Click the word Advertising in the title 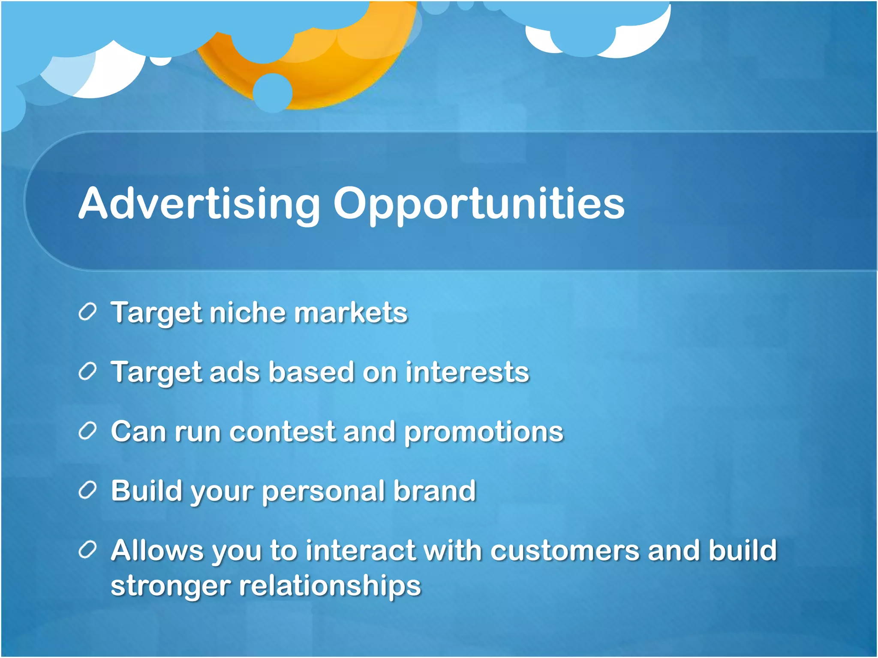click(x=199, y=204)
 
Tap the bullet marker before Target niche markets click(x=87, y=311)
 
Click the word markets click(x=351, y=312)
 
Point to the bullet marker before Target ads click(x=87, y=371)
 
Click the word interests click(x=467, y=372)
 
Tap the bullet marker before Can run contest click(x=87, y=431)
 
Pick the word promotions click(x=484, y=432)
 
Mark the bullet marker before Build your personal click(x=87, y=490)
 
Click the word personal click(x=323, y=492)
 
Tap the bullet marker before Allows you click(x=87, y=550)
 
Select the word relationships click(x=330, y=586)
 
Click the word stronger click(x=171, y=586)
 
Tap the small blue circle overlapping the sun click(x=273, y=93)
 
